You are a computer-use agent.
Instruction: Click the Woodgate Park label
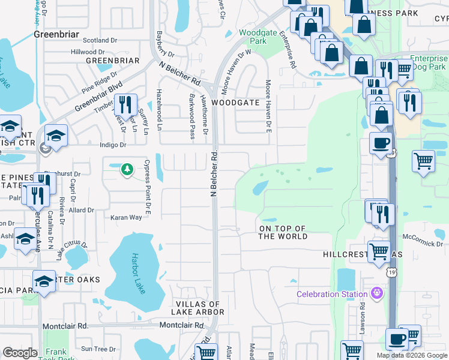click(x=253, y=37)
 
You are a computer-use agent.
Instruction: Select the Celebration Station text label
click(x=331, y=294)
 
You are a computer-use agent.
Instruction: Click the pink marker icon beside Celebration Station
click(x=376, y=293)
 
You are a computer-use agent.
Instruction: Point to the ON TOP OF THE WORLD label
click(x=283, y=233)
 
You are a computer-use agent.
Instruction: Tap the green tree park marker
click(x=126, y=170)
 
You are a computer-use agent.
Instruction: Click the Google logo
click(x=20, y=353)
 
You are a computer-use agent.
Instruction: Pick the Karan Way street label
click(x=125, y=217)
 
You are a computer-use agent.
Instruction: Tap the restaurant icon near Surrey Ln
click(x=125, y=104)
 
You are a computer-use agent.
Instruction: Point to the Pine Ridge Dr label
click(x=99, y=82)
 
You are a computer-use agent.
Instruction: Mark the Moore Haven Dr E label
click(x=268, y=106)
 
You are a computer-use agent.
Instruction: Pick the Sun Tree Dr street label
click(x=98, y=349)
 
